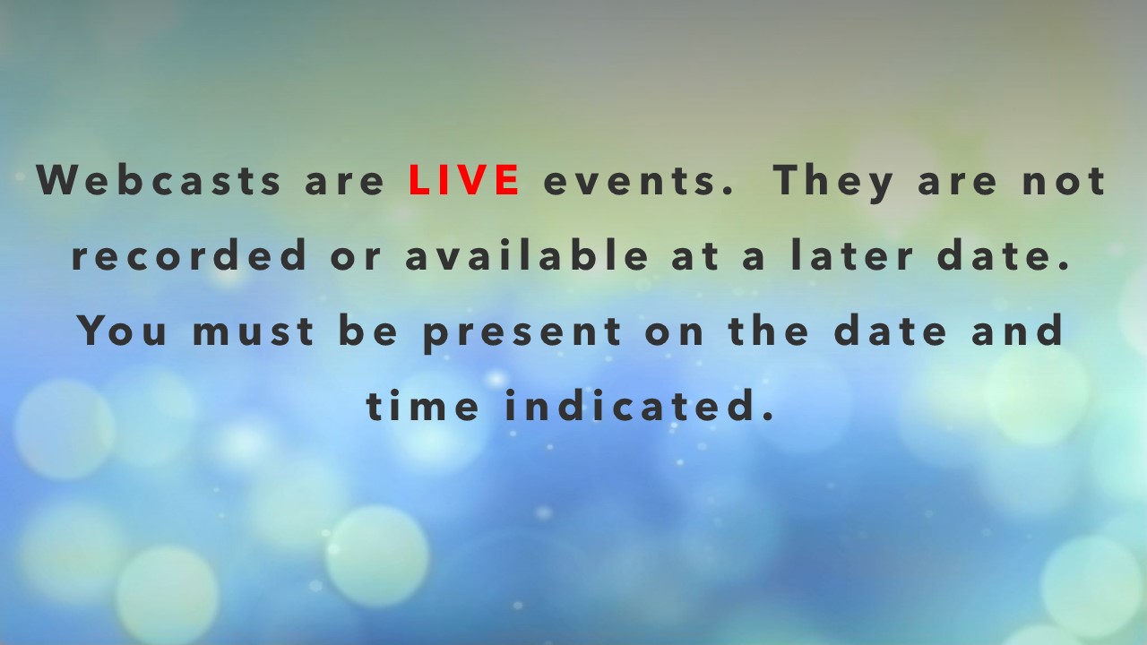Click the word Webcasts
pyautogui.click(x=159, y=180)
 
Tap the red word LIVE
pyautogui.click(x=464, y=180)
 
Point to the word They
pyautogui.click(x=833, y=183)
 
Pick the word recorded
pyautogui.click(x=189, y=254)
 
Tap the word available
pyautogui.click(x=527, y=254)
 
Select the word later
pyautogui.click(x=851, y=254)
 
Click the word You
pyautogui.click(x=124, y=331)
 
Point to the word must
pyautogui.click(x=254, y=331)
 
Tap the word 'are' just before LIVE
pyautogui.click(x=344, y=184)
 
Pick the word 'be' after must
pyautogui.click(x=368, y=331)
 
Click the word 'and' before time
pyautogui.click(x=1017, y=331)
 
